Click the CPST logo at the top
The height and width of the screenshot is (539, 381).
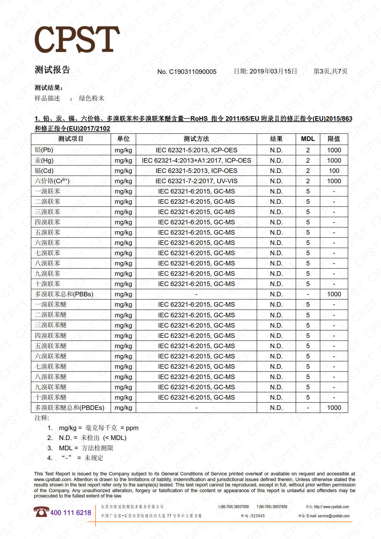(x=77, y=39)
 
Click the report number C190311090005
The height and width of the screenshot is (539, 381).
(x=192, y=72)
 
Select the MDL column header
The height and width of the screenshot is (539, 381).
(x=308, y=139)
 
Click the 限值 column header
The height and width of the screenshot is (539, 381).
(x=334, y=139)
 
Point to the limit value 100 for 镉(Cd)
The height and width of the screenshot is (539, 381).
(x=334, y=171)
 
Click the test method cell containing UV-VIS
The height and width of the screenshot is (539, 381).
(x=196, y=181)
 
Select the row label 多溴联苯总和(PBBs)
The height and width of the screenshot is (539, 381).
(x=64, y=294)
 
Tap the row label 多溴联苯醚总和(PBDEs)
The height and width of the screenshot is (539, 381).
(x=69, y=408)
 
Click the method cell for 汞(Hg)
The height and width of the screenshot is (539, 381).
(x=196, y=160)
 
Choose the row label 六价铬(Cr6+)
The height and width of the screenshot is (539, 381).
(x=52, y=181)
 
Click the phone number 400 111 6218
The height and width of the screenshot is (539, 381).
(x=70, y=513)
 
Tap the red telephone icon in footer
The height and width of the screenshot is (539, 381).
(x=41, y=512)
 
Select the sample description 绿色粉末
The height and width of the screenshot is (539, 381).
(x=91, y=98)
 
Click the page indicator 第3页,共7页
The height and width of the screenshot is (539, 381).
(x=330, y=71)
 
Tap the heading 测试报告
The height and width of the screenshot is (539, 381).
(x=52, y=70)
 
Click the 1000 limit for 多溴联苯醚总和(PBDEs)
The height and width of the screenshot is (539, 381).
(x=334, y=408)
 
